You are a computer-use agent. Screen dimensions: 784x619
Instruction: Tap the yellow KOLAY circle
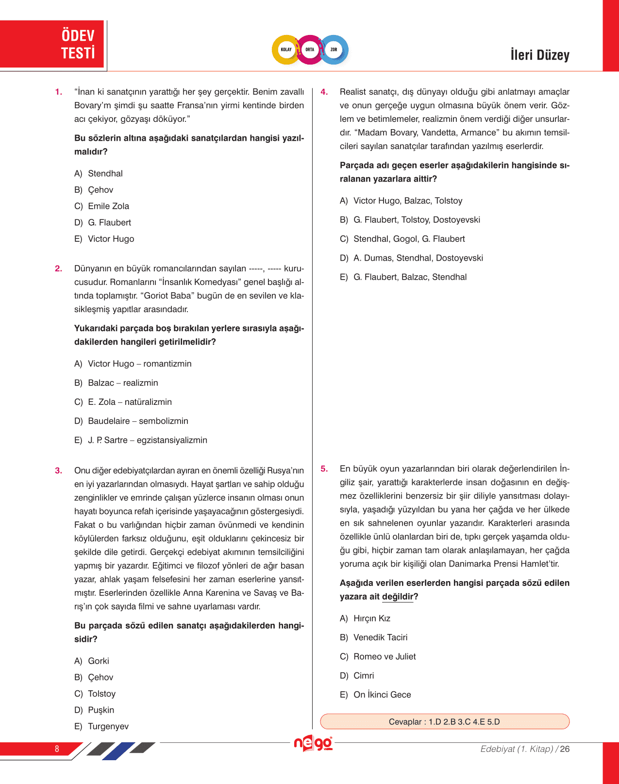[286, 50]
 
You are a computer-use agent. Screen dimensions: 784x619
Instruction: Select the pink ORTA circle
[310, 50]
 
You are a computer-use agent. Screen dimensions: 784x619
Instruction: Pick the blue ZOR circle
[334, 50]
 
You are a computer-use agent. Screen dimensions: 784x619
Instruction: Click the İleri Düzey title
[539, 55]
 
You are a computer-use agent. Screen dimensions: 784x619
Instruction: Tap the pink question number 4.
[324, 92]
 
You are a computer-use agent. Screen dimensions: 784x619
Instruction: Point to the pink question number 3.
[59, 470]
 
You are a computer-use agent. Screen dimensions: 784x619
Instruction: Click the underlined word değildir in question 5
[398, 597]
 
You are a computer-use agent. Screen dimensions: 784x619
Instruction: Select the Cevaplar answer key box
[444, 721]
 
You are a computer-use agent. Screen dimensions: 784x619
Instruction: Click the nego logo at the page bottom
[313, 744]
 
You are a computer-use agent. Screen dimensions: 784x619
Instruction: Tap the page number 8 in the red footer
[57, 749]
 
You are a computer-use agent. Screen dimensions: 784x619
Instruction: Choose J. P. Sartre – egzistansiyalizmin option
[141, 440]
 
